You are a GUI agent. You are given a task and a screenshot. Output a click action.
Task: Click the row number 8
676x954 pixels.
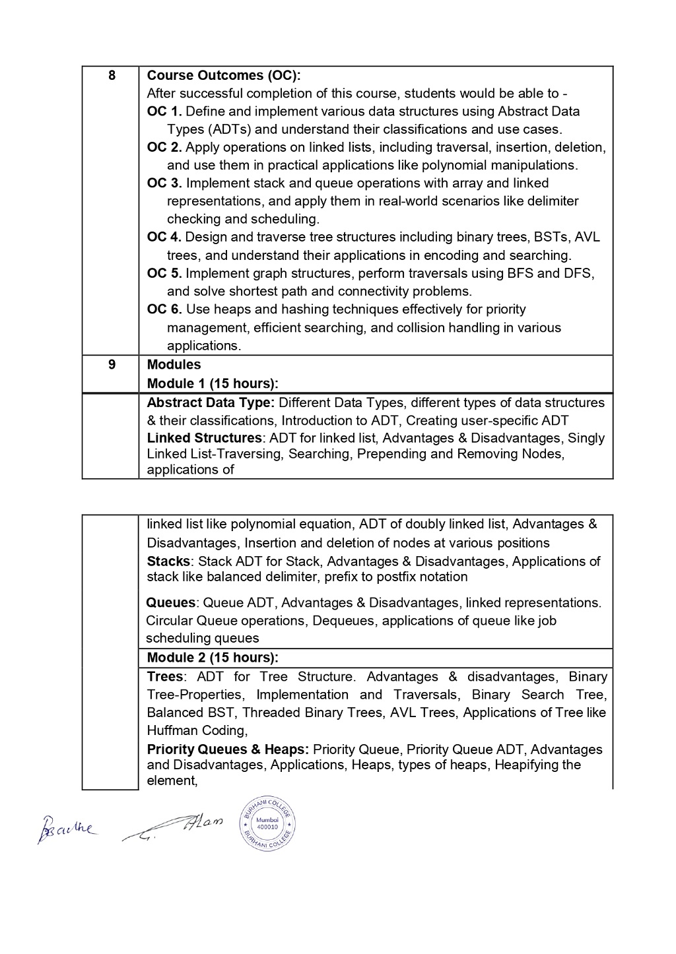112,75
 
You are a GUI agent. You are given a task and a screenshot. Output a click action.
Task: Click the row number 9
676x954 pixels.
112,364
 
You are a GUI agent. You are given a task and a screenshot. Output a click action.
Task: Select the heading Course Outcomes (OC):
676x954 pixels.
223,75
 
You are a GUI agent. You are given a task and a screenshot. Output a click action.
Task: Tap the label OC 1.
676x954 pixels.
164,111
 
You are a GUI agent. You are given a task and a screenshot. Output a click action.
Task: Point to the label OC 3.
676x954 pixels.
164,183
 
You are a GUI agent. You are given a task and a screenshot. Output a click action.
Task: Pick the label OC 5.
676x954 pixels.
164,273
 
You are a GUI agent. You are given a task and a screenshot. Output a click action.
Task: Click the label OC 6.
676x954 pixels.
164,309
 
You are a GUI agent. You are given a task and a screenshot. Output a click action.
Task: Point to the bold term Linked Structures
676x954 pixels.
204,438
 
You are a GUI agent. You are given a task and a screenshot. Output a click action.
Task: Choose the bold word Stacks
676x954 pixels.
168,561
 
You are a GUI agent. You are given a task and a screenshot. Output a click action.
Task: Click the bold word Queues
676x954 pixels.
170,602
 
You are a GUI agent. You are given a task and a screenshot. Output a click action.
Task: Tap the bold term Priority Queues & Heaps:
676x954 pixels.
228,749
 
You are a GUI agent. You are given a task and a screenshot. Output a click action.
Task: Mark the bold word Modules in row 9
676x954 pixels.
174,364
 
